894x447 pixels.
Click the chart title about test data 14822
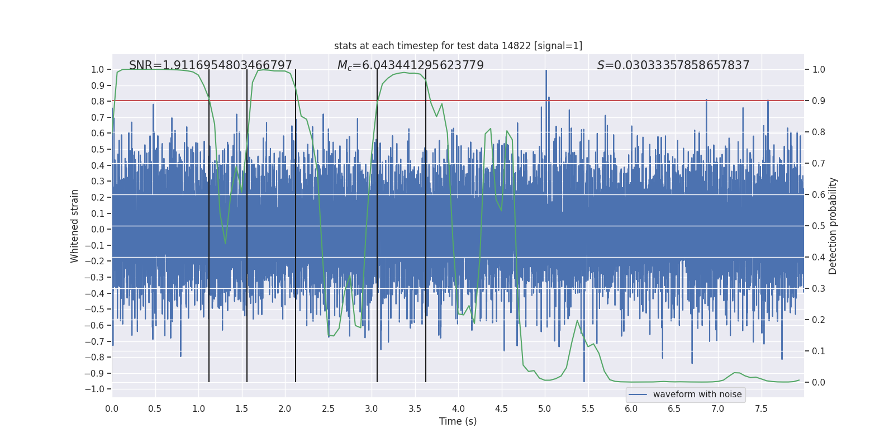pos(458,46)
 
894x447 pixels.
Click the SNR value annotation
pos(211,65)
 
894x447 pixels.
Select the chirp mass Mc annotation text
pos(411,65)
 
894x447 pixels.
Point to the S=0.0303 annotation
pos(673,65)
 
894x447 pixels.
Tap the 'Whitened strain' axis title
pos(75,226)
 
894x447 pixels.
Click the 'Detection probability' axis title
pos(833,226)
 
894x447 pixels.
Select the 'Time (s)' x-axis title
pos(458,421)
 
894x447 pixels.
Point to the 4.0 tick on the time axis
pos(458,408)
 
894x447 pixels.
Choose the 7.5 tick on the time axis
pos(761,408)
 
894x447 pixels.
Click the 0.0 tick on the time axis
pos(112,408)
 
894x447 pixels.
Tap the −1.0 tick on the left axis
pos(98,389)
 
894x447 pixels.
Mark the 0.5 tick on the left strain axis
pos(98,149)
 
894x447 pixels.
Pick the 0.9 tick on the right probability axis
pos(819,101)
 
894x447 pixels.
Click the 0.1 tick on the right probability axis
pos(819,351)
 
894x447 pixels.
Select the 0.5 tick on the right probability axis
pos(819,226)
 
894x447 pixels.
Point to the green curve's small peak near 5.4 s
pos(577,321)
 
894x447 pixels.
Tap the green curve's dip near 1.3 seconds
pos(225,243)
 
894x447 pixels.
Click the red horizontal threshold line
pos(615,101)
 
